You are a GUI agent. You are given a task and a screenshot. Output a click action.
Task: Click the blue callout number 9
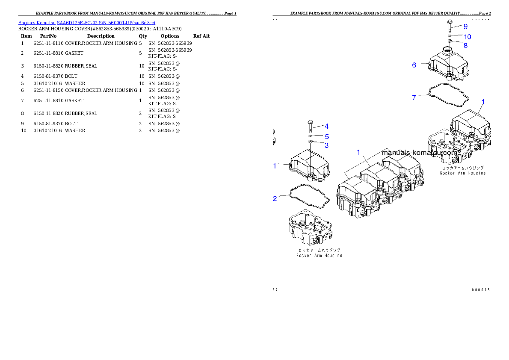pos(466,27)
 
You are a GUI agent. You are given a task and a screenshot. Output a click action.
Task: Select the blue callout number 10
pos(468,37)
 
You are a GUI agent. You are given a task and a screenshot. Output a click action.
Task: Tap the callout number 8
pos(465,45)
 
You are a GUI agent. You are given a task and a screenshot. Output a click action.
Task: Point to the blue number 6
pos(414,65)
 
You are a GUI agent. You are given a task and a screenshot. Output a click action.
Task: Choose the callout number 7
pos(414,98)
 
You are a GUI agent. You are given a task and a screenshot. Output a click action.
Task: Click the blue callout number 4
pos(326,126)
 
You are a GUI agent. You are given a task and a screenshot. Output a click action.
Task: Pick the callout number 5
pos(326,137)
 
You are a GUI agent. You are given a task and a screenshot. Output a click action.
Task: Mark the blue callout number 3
pos(326,145)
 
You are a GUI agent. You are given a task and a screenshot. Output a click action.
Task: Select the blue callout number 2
pos(275,198)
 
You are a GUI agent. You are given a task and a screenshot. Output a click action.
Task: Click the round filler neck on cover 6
pos(447,50)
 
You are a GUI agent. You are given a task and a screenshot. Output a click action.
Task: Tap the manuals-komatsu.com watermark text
pos(419,152)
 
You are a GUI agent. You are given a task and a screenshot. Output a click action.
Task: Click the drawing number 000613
pos(481,289)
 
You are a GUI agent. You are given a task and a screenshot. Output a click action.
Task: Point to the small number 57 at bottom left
pos(275,289)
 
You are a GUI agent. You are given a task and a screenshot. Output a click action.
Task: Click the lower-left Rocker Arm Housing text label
pos(319,255)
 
